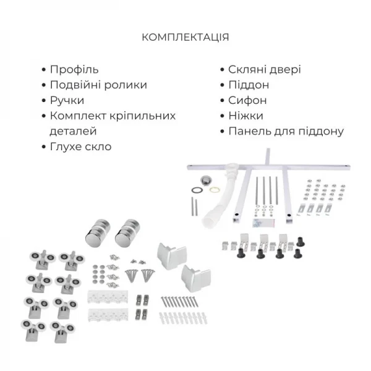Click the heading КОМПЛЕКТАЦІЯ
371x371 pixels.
click(x=185, y=37)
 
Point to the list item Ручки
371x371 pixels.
click(x=66, y=101)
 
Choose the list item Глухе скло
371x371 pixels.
click(x=80, y=147)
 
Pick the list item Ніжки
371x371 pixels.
click(x=245, y=116)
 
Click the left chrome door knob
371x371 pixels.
click(x=98, y=232)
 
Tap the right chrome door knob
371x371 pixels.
click(x=129, y=231)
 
